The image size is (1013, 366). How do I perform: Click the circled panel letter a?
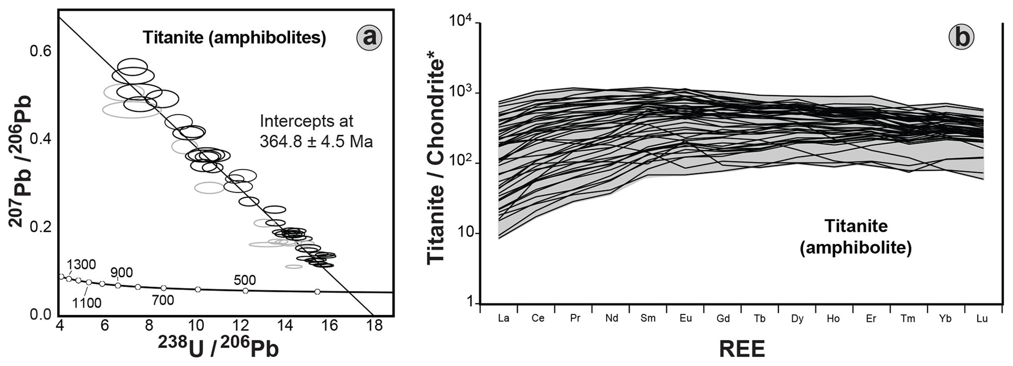369,37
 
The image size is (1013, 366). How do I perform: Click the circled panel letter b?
961,37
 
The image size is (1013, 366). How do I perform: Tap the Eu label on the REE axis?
686,318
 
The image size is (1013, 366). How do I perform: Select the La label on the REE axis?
503,318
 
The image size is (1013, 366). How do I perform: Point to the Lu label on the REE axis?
982,318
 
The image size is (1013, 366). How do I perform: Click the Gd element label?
723,318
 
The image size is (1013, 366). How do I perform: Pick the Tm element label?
908,318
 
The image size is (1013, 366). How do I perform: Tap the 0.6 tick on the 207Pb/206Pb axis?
41,52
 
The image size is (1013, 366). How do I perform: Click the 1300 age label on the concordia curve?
81,264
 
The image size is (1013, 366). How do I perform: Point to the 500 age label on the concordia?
245,280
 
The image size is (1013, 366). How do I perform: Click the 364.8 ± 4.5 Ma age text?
316,142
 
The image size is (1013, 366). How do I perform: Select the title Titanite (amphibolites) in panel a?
234,38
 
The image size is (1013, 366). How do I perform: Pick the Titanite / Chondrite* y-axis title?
436,162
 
